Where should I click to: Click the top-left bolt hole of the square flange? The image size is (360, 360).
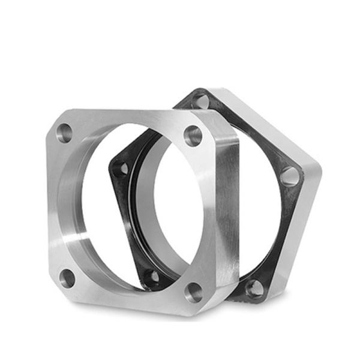pyautogui.click(x=64, y=133)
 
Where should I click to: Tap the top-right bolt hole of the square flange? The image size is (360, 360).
pyautogui.click(x=193, y=136)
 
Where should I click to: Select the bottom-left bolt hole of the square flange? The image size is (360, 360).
pyautogui.click(x=68, y=278)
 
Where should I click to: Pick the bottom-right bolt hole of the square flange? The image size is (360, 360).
pyautogui.click(x=194, y=292)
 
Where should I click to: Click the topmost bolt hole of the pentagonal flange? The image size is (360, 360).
pyautogui.click(x=202, y=101)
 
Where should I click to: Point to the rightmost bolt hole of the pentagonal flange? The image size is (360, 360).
pyautogui.click(x=289, y=176)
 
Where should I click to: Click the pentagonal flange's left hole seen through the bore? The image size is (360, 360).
pyautogui.click(x=122, y=169)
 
